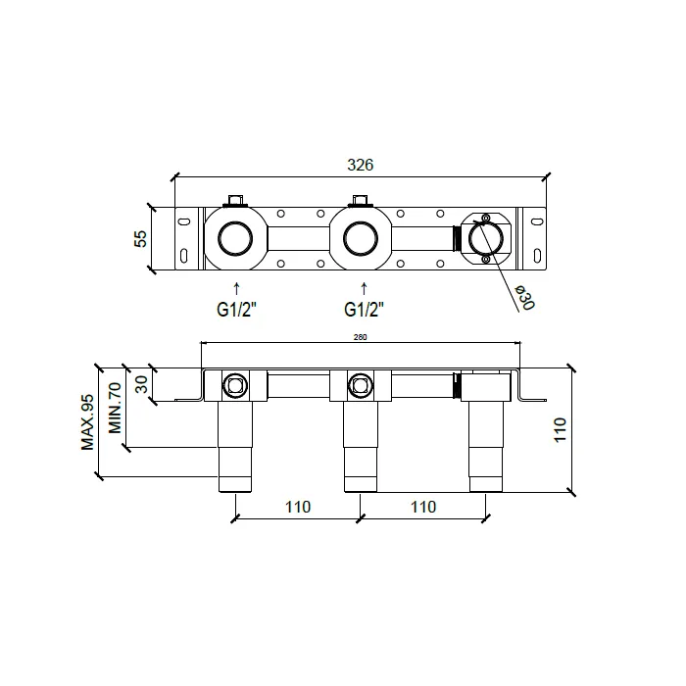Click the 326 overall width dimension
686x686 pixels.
tap(360, 165)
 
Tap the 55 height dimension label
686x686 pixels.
tap(141, 239)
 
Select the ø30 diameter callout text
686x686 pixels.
tap(524, 298)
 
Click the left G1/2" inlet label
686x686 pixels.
tap(236, 310)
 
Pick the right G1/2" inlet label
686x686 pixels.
tap(364, 310)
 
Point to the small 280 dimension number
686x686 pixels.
tap(360, 337)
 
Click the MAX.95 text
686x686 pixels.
tap(87, 422)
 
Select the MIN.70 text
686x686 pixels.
tap(115, 408)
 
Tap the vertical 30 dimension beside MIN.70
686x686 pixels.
tap(142, 384)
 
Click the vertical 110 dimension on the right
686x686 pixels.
tap(560, 430)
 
